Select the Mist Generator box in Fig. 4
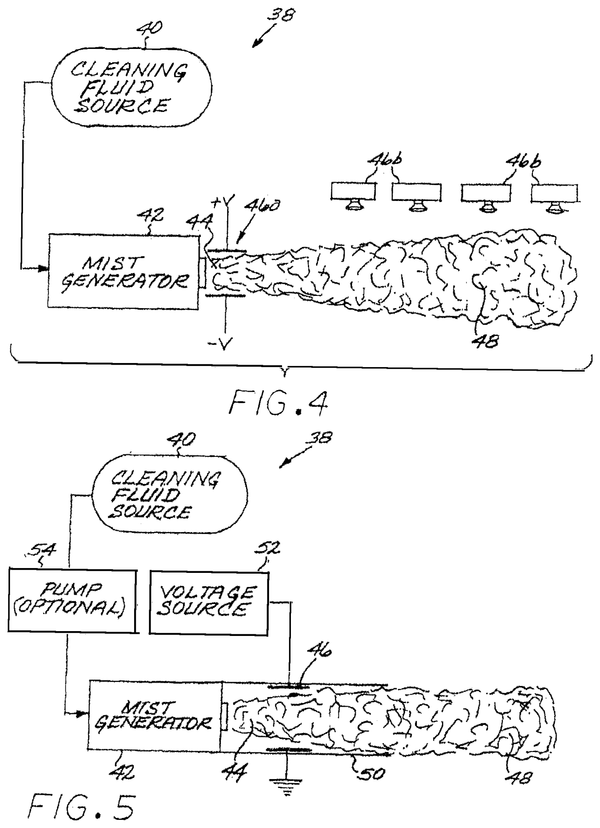pos(123,271)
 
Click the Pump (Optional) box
pos(72,600)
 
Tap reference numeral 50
pos(373,773)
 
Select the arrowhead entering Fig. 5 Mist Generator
pos(83,714)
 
